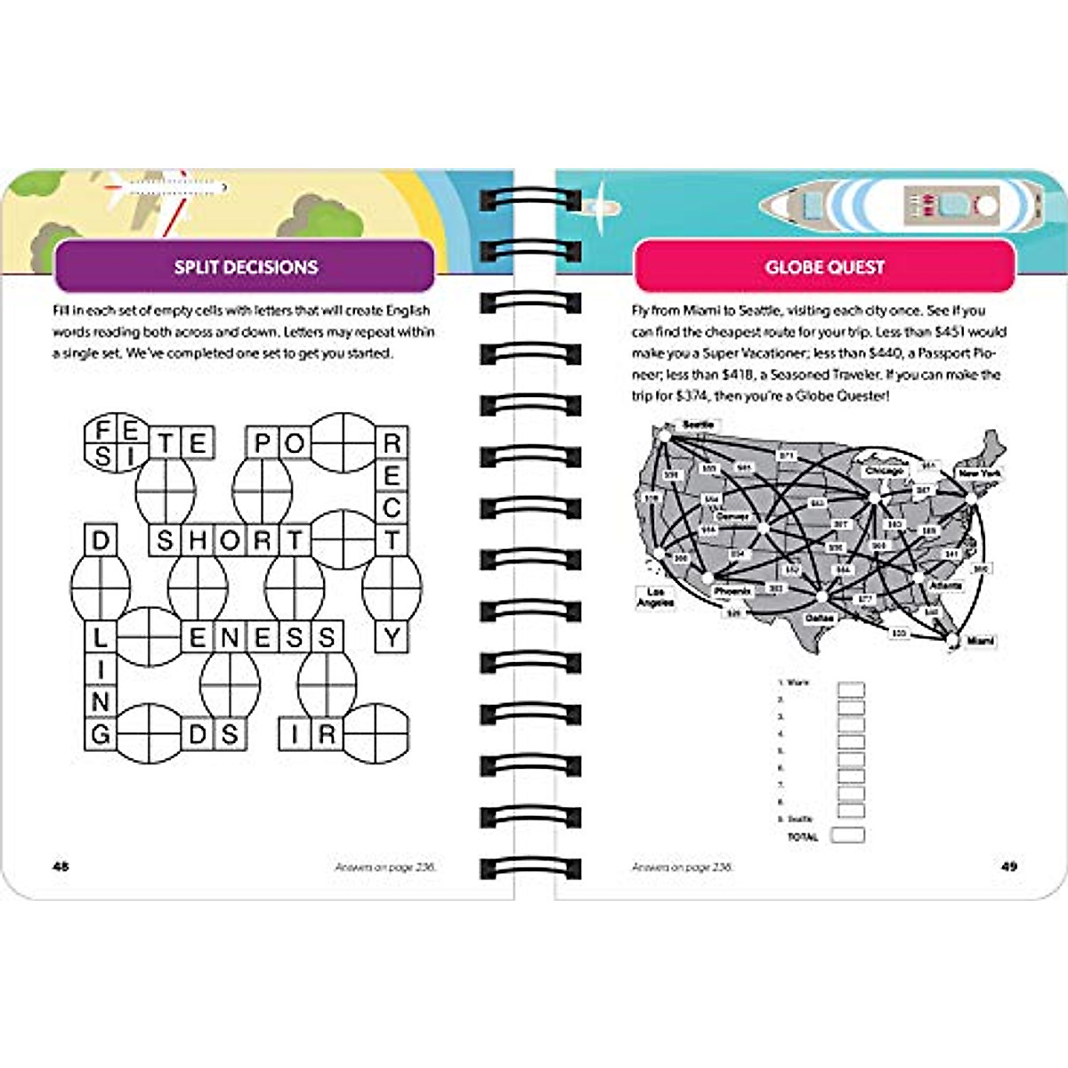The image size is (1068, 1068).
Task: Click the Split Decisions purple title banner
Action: click(x=245, y=266)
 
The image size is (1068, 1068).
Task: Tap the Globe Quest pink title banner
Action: click(x=824, y=266)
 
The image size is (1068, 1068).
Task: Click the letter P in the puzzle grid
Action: click(x=262, y=442)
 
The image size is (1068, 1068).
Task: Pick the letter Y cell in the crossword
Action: click(x=391, y=636)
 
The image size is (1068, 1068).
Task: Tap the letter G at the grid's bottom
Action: click(x=100, y=733)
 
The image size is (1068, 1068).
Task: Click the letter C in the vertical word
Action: click(x=391, y=507)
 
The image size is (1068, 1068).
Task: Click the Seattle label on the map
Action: click(x=698, y=425)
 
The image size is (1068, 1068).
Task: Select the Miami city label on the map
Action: click(x=980, y=641)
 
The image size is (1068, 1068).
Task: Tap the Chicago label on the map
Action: click(x=884, y=471)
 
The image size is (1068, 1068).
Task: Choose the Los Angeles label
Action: click(x=655, y=597)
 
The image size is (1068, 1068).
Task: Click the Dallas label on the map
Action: click(x=819, y=618)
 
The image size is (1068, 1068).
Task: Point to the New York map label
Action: click(x=979, y=474)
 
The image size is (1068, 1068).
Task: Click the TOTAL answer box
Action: click(x=847, y=836)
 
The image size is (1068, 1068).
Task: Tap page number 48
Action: click(x=61, y=866)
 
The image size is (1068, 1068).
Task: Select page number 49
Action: click(x=1008, y=866)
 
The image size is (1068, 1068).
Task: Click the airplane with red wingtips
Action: click(x=165, y=189)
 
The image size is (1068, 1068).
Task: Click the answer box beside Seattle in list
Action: click(x=852, y=812)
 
